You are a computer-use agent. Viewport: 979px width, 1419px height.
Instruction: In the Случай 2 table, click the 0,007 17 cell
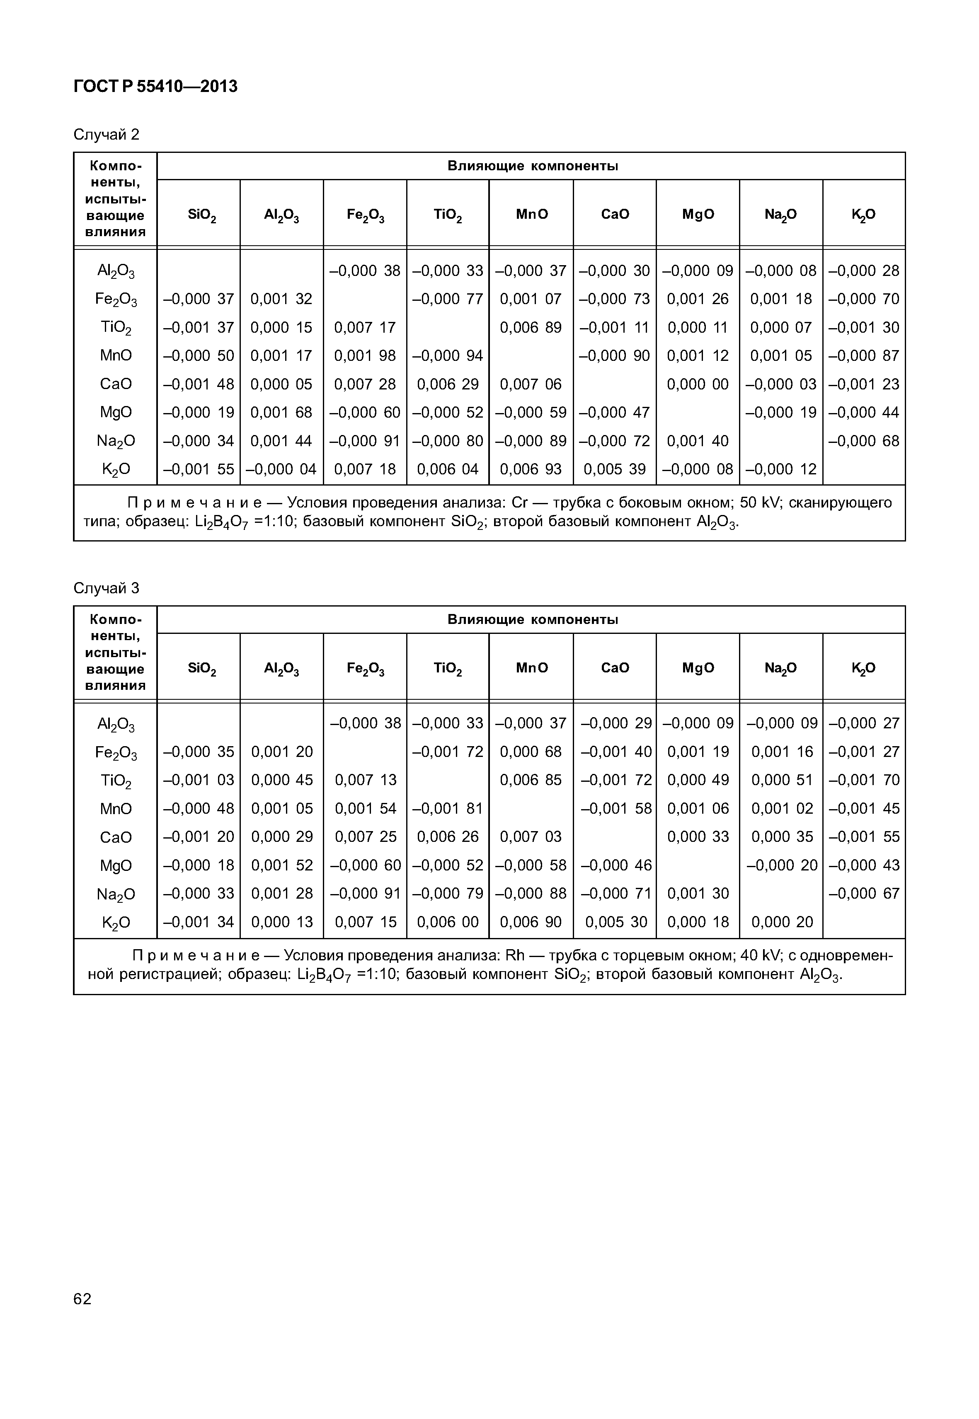click(x=365, y=327)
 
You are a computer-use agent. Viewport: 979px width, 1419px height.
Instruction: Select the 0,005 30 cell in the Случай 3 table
click(x=615, y=922)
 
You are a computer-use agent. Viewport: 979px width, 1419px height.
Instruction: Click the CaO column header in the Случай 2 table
click(x=615, y=214)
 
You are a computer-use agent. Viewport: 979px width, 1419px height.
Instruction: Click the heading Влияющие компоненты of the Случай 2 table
click(x=532, y=166)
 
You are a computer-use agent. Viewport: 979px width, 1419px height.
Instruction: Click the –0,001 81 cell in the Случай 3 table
click(x=448, y=808)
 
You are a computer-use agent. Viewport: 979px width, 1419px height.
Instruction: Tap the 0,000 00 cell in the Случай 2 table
click(x=698, y=384)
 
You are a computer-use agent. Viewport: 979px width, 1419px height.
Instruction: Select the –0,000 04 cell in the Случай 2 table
click(x=281, y=469)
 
